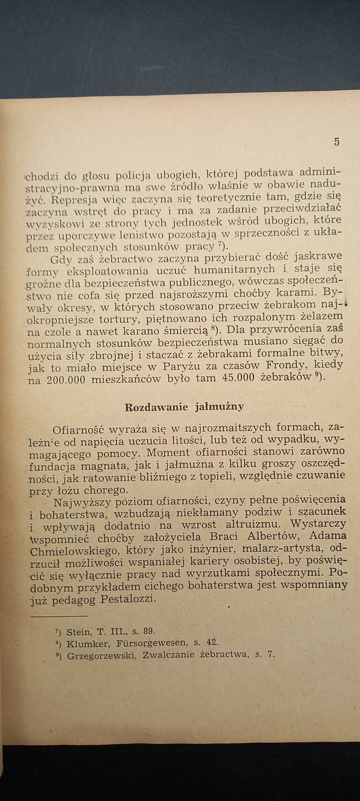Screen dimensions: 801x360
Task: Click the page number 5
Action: point(337,142)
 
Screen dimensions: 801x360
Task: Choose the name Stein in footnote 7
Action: point(79,631)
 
